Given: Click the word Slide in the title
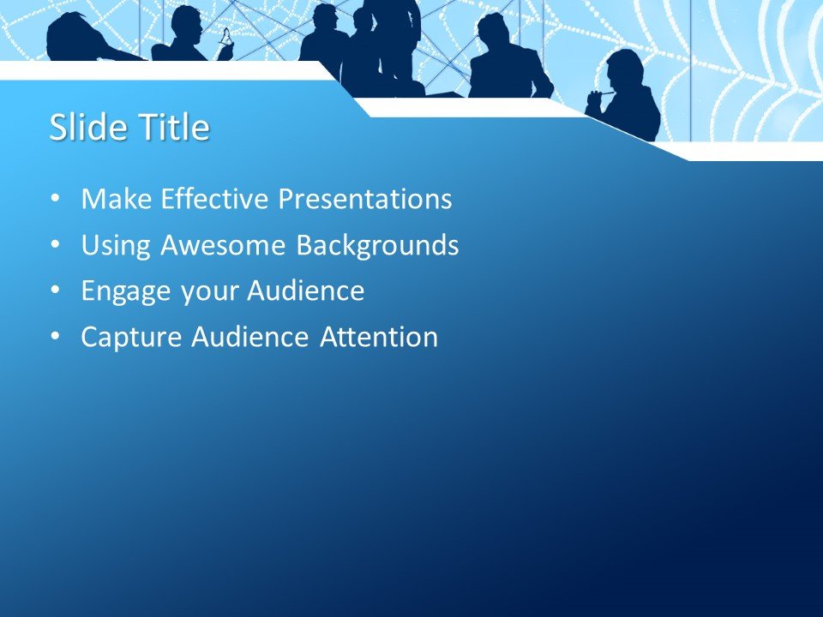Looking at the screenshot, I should click(82, 128).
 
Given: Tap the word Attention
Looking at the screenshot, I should click(378, 338).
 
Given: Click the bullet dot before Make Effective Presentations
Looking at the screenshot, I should click(57, 199).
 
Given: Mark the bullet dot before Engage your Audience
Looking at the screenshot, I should click(57, 291).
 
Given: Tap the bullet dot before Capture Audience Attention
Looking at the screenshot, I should click(57, 337).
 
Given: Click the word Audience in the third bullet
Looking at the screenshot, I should click(305, 291).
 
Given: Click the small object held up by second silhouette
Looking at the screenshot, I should click(225, 36).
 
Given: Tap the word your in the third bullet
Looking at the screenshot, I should click(213, 292).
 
